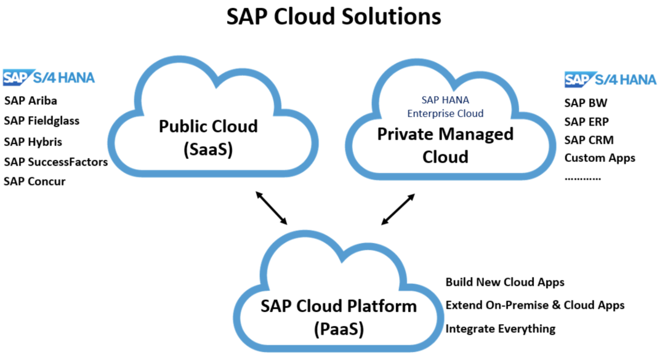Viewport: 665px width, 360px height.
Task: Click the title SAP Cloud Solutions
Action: (x=334, y=17)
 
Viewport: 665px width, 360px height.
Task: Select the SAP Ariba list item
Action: (x=31, y=100)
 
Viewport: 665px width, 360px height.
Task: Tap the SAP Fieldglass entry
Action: (x=42, y=121)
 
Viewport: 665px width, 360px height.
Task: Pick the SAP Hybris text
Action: (x=33, y=142)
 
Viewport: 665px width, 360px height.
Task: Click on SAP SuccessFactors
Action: (x=55, y=162)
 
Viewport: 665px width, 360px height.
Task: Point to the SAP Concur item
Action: (x=34, y=182)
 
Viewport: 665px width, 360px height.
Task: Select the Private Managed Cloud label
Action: (x=445, y=145)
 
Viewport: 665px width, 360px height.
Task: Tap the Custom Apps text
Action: (x=600, y=158)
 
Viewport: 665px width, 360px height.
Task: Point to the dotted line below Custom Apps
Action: (x=582, y=178)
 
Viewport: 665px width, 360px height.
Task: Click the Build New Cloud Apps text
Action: (x=505, y=282)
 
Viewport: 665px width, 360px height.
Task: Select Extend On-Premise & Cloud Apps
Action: (x=535, y=305)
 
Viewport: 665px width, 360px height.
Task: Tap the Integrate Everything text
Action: (x=500, y=329)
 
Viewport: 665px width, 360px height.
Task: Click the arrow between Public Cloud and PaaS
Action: (x=272, y=207)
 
